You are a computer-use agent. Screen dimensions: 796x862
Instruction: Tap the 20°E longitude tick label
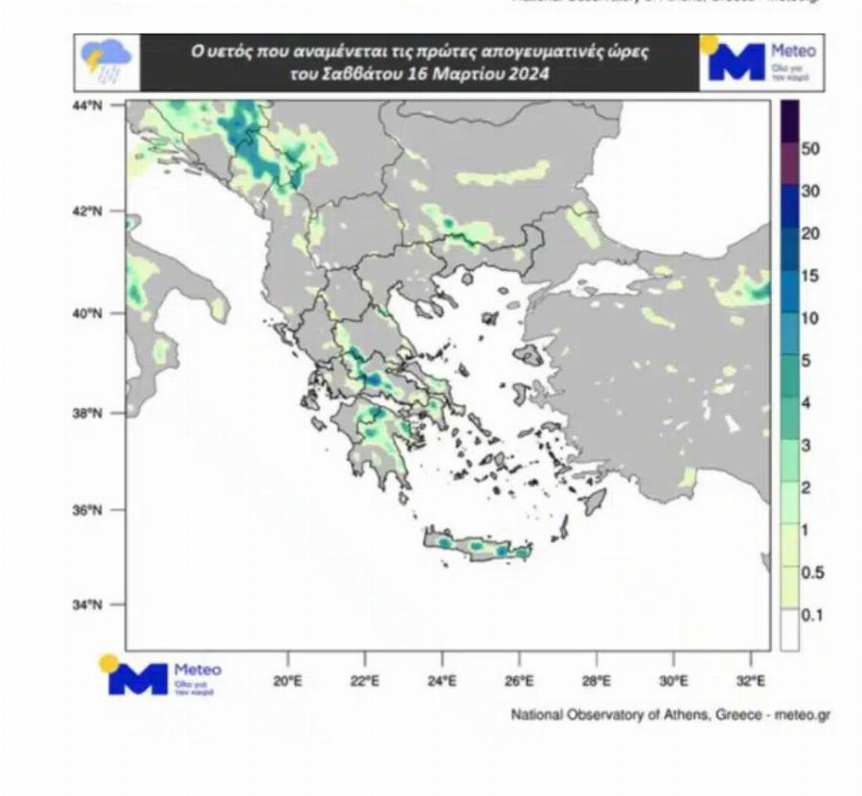click(x=288, y=682)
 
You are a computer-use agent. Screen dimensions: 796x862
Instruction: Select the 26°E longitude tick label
click(x=519, y=682)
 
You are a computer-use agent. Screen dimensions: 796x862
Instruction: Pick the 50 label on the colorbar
click(x=810, y=149)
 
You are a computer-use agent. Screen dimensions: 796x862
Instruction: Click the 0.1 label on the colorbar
click(x=811, y=615)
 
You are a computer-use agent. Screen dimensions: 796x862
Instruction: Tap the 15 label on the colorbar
click(x=810, y=276)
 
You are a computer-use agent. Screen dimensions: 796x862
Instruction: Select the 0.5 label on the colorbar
click(x=811, y=573)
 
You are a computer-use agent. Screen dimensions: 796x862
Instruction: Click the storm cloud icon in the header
click(x=106, y=61)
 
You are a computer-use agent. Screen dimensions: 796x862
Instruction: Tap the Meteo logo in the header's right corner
click(x=761, y=62)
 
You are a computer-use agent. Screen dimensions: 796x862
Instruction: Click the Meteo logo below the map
click(x=164, y=676)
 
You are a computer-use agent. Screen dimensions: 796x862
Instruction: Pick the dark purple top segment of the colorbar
click(x=790, y=121)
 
